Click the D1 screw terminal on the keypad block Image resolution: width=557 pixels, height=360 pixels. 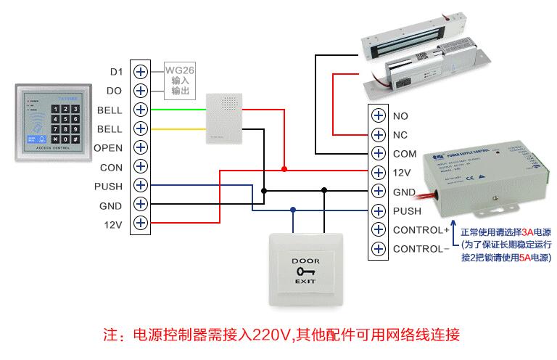pyautogui.click(x=140, y=72)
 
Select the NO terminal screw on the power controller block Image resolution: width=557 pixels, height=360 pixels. pyautogui.click(x=378, y=115)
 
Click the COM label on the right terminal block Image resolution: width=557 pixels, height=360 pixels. pyautogui.click(x=404, y=154)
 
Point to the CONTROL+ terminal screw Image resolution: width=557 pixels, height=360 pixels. pyautogui.click(x=378, y=230)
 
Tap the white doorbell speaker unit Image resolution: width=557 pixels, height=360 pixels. pyautogui.click(x=223, y=117)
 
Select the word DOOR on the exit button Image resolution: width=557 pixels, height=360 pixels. pyautogui.click(x=305, y=260)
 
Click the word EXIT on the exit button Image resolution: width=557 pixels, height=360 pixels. pyautogui.click(x=305, y=280)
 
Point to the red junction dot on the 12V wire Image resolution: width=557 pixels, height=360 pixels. pyautogui.click(x=285, y=169)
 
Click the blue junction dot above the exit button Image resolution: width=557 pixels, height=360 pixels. pyautogui.click(x=293, y=210)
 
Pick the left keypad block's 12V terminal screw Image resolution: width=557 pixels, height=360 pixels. pyautogui.click(x=140, y=224)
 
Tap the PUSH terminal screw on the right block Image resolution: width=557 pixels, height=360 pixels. pyautogui.click(x=378, y=211)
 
